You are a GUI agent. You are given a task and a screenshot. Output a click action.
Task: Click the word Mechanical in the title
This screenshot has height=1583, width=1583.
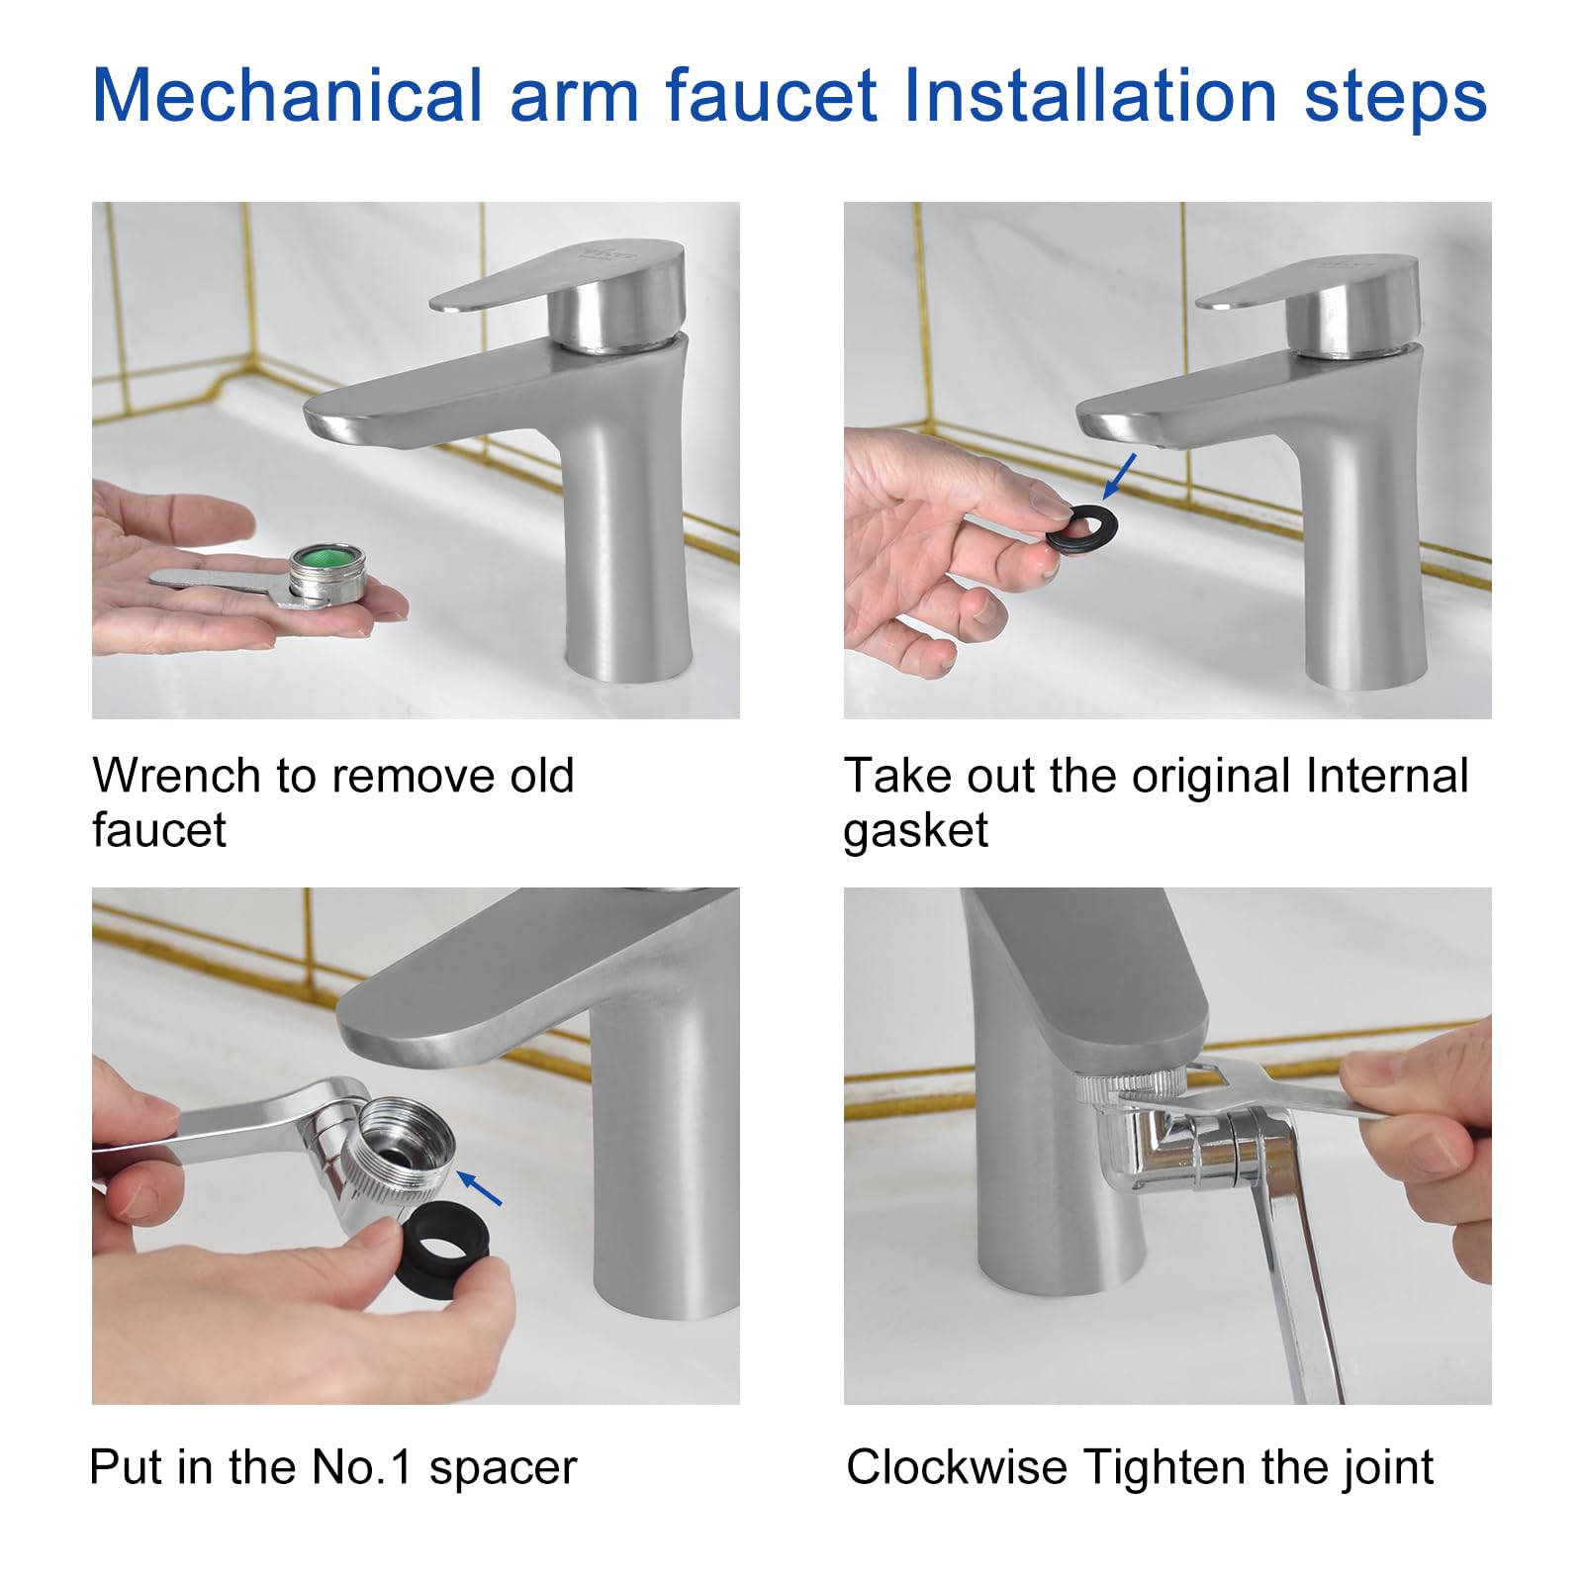(287, 96)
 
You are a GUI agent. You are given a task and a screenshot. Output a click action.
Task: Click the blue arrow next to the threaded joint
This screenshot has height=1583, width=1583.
(481, 1187)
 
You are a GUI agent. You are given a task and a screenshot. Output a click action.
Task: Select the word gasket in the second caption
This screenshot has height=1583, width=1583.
(915, 831)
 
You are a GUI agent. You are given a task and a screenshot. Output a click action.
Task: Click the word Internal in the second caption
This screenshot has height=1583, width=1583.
(1386, 776)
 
